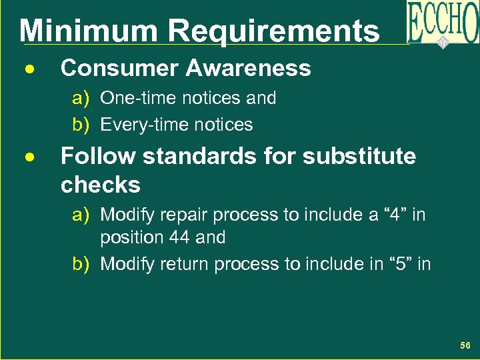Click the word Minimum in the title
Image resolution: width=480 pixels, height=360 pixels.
[89, 31]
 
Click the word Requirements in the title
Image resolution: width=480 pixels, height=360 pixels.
[273, 31]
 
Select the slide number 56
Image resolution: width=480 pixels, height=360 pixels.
[465, 345]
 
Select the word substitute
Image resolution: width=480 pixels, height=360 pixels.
[359, 157]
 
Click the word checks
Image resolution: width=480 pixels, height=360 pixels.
[100, 185]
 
